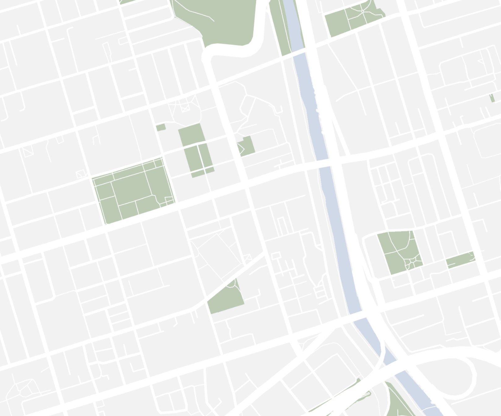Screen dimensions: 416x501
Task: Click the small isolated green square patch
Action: click(x=161, y=127)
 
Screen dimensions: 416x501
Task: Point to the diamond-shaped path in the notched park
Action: click(x=240, y=148)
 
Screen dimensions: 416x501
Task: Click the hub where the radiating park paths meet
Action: click(x=362, y=11)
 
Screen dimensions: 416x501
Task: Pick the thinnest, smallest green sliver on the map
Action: click(x=492, y=98)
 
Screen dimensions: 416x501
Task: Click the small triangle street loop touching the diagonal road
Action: click(x=247, y=257)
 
